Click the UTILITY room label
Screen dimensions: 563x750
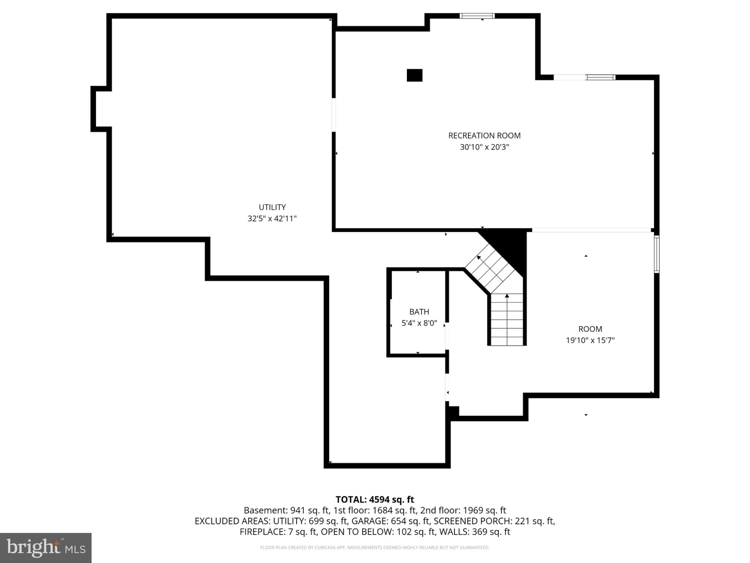[x=272, y=207]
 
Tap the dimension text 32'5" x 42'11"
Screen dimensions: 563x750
[x=272, y=219]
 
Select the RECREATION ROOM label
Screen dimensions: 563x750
[x=484, y=136]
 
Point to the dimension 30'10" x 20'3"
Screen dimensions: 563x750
[x=484, y=147]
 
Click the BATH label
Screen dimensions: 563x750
[x=419, y=312]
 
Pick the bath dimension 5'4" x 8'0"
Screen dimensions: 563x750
[x=419, y=323]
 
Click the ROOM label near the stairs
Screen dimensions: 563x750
[x=590, y=329]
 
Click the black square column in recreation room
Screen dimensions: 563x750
[x=415, y=75]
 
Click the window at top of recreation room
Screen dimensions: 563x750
[x=477, y=16]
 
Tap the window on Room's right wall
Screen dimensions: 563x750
[x=657, y=254]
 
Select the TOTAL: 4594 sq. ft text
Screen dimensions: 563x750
[x=375, y=500]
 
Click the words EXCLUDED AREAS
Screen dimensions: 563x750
[x=231, y=521]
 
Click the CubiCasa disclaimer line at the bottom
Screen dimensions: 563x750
[x=375, y=548]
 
